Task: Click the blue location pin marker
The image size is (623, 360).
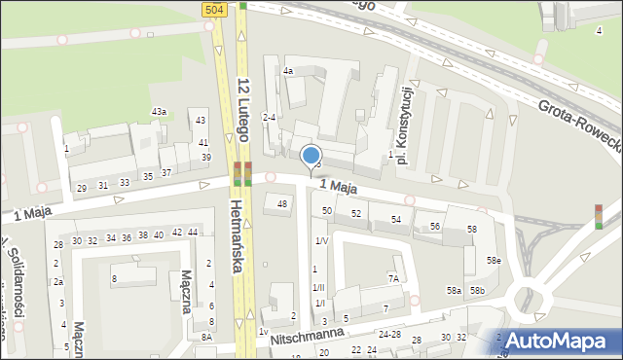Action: pos(311,156)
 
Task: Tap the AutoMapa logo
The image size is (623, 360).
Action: pos(562,341)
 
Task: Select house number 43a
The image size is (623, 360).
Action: pos(159,112)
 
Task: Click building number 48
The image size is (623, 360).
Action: pos(282,203)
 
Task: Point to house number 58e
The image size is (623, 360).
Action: pos(495,260)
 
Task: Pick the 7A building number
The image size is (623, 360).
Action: pos(393,278)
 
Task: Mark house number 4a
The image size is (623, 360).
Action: pos(288,71)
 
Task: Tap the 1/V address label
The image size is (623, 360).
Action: pos(320,240)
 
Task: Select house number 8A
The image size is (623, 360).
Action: pos(206,336)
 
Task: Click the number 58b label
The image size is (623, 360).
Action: pos(477,291)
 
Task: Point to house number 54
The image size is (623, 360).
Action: pos(396,220)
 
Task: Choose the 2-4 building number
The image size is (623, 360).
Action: pos(270,118)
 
